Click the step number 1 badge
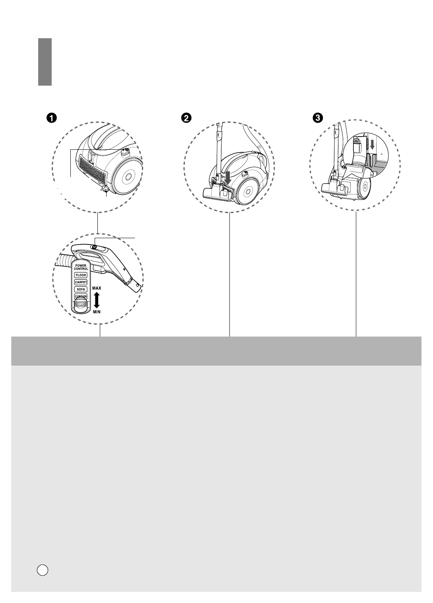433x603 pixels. pos(51,118)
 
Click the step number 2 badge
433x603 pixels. pos(186,118)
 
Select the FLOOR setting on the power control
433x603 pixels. pos(81,275)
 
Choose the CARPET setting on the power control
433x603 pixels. pos(81,282)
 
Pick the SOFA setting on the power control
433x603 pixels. pos(81,290)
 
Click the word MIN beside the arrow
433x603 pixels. pos(97,312)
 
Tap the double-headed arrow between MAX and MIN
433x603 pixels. pos(96,300)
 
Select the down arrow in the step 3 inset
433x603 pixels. pos(372,146)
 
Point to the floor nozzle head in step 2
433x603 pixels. pos(218,196)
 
